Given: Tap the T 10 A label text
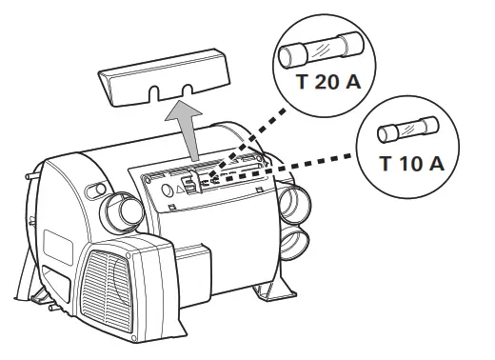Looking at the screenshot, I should click(411, 163).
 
